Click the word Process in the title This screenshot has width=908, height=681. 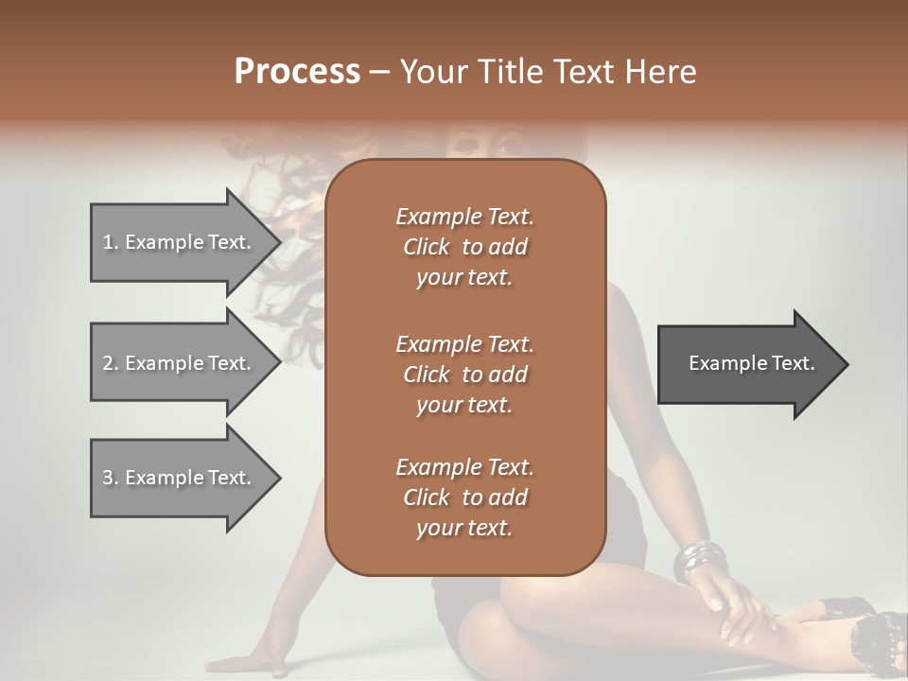click(x=297, y=72)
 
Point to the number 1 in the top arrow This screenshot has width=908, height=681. click(x=108, y=242)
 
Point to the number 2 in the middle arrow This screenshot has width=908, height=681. click(x=108, y=363)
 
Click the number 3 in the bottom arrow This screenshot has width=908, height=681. click(x=108, y=478)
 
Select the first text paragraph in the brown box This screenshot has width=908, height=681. click(x=464, y=247)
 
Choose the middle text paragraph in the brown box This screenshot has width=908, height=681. click(x=464, y=374)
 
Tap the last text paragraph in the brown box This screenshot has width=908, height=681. click(x=464, y=498)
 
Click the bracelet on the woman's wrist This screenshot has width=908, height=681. click(x=701, y=561)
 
